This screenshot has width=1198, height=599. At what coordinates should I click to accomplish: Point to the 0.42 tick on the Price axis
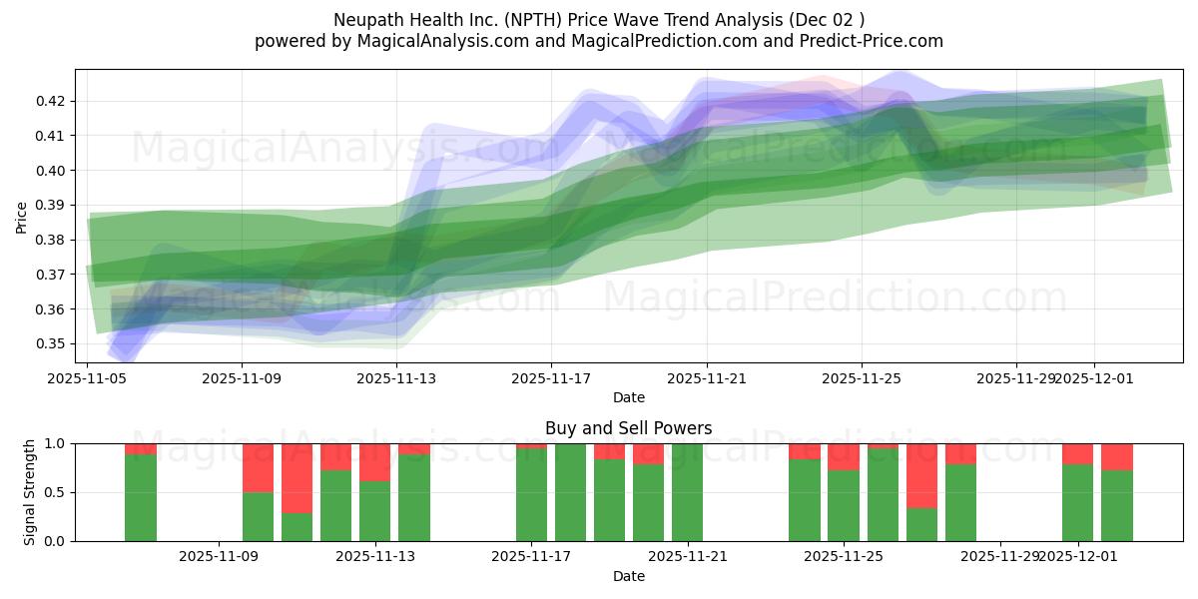coord(52,101)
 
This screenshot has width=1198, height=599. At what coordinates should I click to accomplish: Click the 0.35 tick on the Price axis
coord(52,344)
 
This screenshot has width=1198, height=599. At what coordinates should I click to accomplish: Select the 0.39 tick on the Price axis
coord(52,206)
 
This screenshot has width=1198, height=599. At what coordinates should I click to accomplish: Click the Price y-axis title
coord(21,217)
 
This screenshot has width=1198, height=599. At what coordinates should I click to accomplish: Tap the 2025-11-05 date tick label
coord(87,378)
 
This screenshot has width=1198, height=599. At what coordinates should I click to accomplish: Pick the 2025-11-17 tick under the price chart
coord(552,378)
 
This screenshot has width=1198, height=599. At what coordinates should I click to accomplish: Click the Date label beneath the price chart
coord(628,398)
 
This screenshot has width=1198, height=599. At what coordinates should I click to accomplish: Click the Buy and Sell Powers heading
coord(628,428)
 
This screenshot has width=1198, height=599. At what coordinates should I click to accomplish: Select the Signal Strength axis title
coord(29,491)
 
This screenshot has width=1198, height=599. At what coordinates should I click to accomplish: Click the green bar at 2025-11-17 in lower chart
coord(531,495)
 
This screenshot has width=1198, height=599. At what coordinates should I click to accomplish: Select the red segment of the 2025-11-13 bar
coord(374,462)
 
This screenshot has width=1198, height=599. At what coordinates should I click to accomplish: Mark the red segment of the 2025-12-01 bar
coord(1077,454)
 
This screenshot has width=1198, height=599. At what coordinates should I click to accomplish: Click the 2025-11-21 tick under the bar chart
coord(688,556)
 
